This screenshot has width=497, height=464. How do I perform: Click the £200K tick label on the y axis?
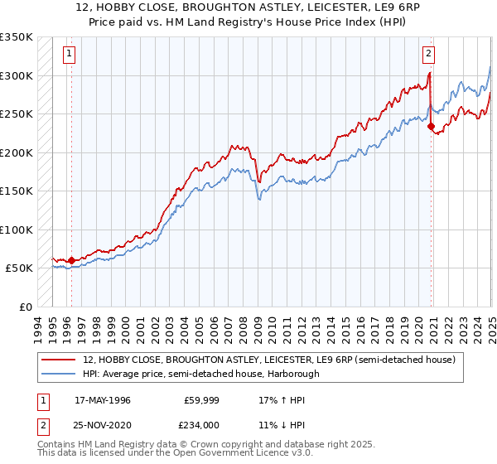16,152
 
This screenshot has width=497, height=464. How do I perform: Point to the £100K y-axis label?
16,230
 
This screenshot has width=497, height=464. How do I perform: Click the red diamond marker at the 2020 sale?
432,127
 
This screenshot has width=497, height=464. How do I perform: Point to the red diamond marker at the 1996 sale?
71,260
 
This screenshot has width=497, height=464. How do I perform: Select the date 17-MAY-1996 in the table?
102,400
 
